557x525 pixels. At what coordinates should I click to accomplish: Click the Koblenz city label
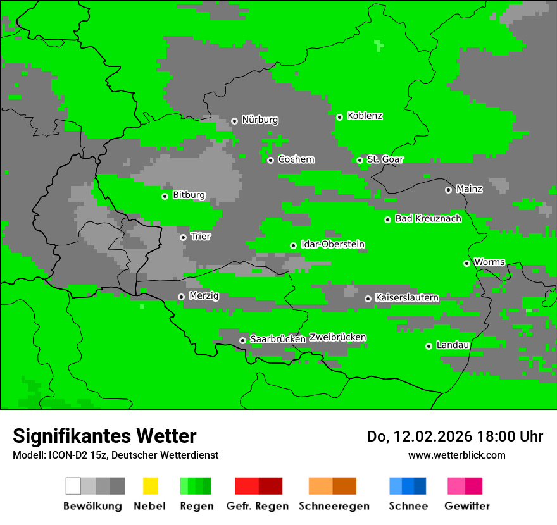click(x=365, y=116)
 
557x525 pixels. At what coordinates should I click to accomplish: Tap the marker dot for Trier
click(x=184, y=237)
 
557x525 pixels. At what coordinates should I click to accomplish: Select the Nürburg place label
click(x=260, y=120)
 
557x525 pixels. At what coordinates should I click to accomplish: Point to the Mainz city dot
click(x=449, y=190)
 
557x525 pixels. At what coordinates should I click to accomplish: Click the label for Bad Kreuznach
click(x=428, y=218)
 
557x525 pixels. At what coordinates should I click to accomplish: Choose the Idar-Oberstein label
click(x=332, y=244)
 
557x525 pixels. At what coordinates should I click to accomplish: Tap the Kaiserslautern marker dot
click(x=368, y=299)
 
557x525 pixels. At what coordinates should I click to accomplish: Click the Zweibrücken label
click(x=337, y=337)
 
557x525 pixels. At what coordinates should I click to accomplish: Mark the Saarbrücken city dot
click(x=242, y=340)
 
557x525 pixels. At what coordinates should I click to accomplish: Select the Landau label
click(x=453, y=345)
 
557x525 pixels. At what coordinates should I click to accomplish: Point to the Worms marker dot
click(x=466, y=263)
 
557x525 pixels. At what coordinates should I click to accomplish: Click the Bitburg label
click(x=189, y=195)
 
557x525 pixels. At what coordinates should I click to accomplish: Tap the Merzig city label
click(x=204, y=295)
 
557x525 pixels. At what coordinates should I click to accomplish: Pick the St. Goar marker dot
click(x=360, y=160)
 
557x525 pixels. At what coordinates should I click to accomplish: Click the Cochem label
click(x=296, y=159)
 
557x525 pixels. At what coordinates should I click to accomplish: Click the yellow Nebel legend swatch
click(x=150, y=486)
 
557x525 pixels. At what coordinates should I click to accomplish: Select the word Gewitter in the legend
click(x=466, y=506)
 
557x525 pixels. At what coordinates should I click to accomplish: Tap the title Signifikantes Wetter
click(x=104, y=436)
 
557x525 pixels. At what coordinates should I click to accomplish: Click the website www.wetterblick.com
click(x=456, y=455)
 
